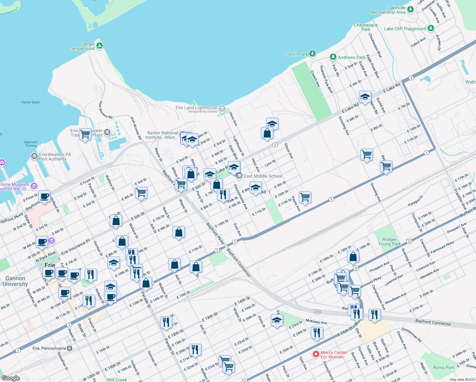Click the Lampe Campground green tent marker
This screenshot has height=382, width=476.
coord(100,46)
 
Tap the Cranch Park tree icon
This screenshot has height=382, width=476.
coord(312,53)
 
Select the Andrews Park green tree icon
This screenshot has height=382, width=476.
coord(333,57)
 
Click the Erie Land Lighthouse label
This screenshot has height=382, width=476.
coord(196,108)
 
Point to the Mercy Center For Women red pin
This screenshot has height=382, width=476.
coord(316,354)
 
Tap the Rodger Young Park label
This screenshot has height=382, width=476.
coord(389,242)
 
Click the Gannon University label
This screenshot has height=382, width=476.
coord(15,281)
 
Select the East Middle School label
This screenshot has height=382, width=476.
coord(263,176)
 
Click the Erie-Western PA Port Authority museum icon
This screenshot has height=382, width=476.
coord(34,156)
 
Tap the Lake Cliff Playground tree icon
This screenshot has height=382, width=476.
coord(431,28)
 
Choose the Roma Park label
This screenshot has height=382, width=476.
coord(444,367)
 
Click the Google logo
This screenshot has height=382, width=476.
coord(10,378)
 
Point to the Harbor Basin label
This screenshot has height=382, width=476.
coord(31,102)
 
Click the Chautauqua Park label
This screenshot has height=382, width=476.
coord(366,27)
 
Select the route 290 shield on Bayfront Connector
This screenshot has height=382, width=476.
coord(317,312)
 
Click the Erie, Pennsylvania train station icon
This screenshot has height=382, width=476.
coord(69,348)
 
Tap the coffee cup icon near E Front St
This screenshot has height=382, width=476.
coord(45,196)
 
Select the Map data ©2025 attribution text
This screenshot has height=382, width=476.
coord(462,379)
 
